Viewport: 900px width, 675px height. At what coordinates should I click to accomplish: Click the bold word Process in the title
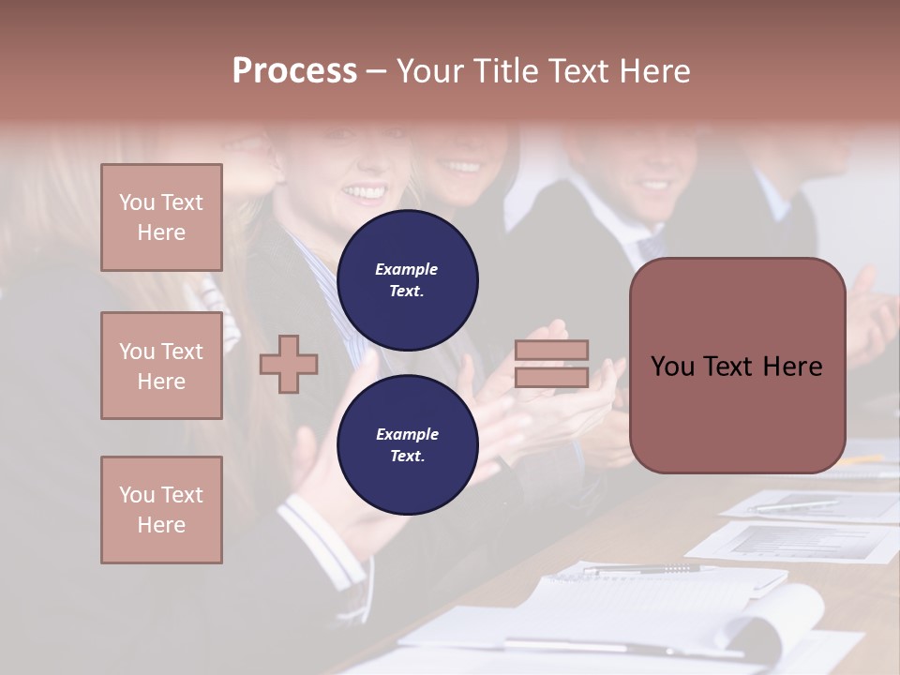(x=294, y=71)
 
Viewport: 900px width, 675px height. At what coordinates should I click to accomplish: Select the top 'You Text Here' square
(x=161, y=217)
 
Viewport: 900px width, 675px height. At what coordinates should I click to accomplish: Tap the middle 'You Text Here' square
(x=161, y=366)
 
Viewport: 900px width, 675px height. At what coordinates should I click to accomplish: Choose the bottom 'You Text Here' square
(x=161, y=510)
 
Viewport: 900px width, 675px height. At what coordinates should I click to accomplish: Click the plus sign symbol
(x=289, y=364)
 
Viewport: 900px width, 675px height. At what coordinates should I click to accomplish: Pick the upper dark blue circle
(x=408, y=280)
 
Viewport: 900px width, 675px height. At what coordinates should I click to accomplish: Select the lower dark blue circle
(x=408, y=445)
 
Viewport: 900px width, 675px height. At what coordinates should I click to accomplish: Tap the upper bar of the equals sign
(x=551, y=350)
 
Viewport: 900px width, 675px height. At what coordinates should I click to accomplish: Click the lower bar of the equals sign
(x=551, y=377)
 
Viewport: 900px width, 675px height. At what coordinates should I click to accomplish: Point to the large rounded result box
(x=737, y=366)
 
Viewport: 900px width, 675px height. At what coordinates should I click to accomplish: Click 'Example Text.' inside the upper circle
(x=407, y=280)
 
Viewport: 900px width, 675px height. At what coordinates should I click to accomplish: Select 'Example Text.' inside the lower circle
(x=407, y=445)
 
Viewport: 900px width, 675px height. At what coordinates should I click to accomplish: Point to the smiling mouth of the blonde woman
(x=365, y=194)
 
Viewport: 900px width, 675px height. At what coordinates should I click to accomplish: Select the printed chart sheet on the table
(x=797, y=542)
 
